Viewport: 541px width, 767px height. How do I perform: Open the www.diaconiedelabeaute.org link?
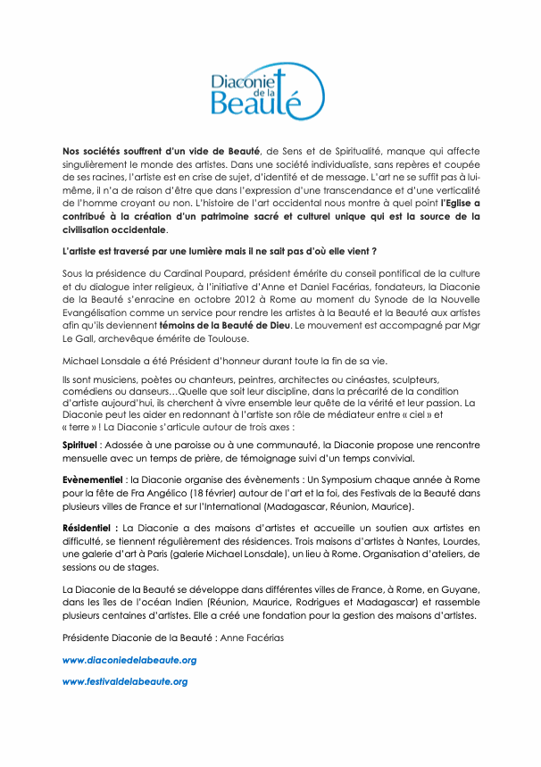click(x=129, y=660)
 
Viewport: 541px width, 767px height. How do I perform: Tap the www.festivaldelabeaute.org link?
click(x=124, y=681)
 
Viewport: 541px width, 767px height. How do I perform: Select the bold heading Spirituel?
click(x=79, y=444)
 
